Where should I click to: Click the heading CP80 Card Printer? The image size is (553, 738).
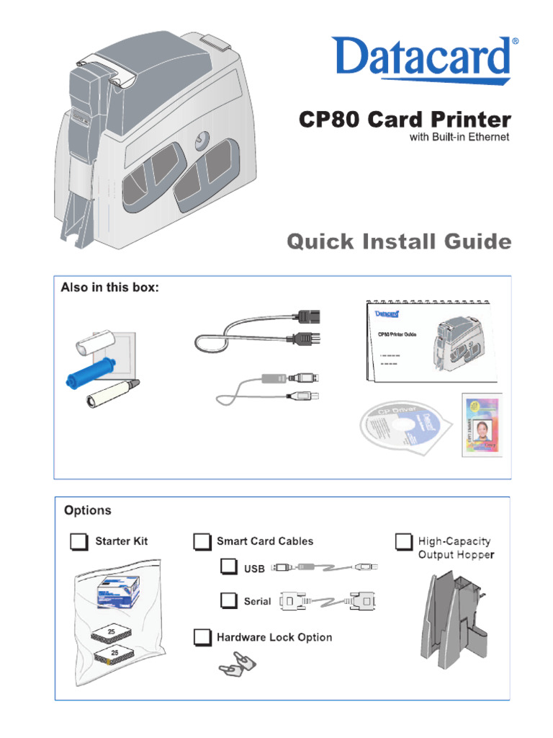[405, 119]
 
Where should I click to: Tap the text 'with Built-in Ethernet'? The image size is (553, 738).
[459, 136]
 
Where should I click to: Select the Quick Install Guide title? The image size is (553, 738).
[399, 241]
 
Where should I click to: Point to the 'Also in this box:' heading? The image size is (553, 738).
[109, 288]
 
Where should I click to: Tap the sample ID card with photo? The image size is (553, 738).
[482, 425]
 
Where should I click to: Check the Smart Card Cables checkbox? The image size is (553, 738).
[202, 541]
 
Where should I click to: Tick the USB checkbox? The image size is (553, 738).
[229, 567]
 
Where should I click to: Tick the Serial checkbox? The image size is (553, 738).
[229, 600]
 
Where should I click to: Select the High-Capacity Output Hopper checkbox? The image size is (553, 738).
[404, 541]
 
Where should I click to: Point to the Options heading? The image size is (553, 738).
[88, 510]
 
